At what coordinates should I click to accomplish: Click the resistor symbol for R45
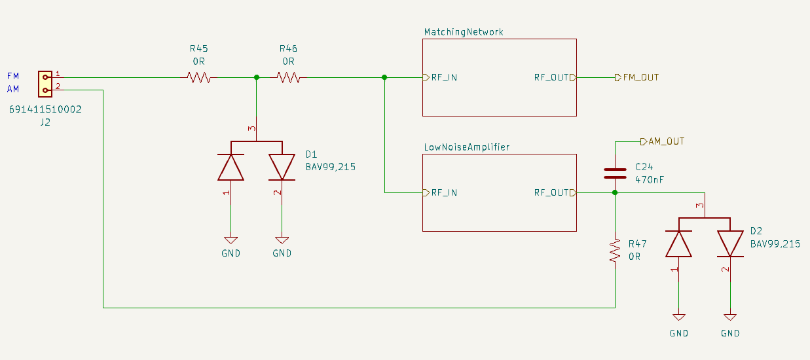coord(198,78)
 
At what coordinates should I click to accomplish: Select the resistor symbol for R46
coord(288,78)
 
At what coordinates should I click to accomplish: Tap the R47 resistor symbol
coord(615,250)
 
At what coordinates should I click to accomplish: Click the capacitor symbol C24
coord(615,173)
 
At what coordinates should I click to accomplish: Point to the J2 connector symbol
coord(45,83)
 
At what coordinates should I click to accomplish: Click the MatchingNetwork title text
coord(464,32)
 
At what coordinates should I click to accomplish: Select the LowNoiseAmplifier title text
coord(466,147)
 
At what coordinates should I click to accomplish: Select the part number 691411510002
coord(45,110)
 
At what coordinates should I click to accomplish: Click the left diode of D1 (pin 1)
coord(230,167)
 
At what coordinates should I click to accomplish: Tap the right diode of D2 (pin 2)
coord(730,243)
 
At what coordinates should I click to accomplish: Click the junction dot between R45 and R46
coord(256,78)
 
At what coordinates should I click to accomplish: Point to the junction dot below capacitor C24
coord(615,192)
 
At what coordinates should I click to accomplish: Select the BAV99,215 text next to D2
coord(775,243)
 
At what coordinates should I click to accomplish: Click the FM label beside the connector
coord(13,76)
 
